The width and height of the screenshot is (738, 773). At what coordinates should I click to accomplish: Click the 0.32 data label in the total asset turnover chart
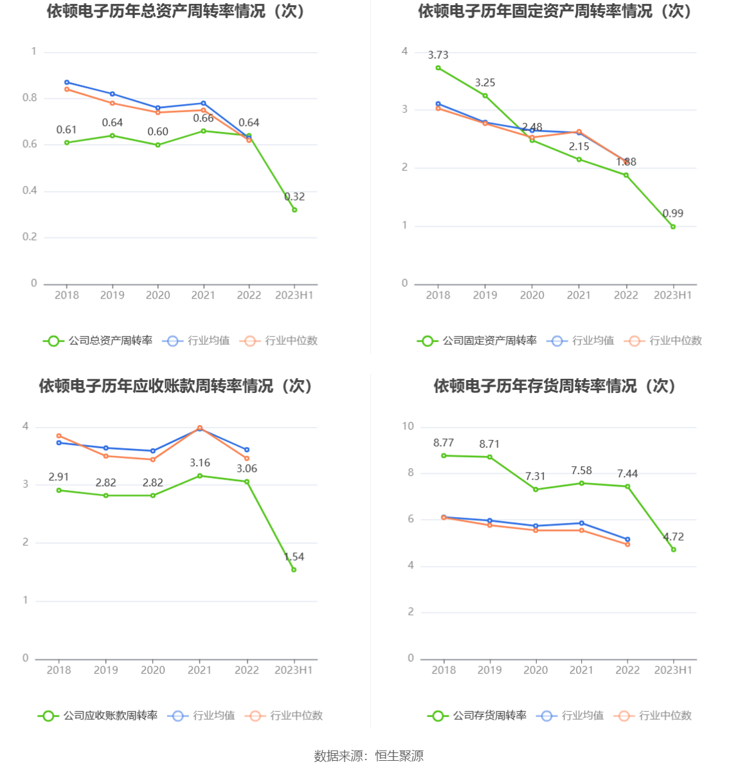[294, 197]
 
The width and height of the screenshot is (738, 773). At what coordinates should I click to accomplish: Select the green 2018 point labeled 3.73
[438, 68]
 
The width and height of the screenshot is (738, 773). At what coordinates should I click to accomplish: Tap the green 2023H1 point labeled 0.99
[673, 226]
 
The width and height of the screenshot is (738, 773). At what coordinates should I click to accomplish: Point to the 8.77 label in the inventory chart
[444, 442]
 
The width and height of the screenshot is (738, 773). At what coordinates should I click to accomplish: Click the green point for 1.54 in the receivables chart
[294, 569]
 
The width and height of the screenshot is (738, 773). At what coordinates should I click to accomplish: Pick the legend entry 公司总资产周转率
[98, 341]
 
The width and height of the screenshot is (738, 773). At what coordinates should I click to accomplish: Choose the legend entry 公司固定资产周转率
[477, 341]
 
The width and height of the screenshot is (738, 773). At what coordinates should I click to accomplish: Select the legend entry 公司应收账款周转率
[98, 716]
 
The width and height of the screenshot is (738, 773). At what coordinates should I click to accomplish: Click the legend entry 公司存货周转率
[477, 716]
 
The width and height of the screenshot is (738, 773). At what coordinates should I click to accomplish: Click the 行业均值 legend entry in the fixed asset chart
[580, 341]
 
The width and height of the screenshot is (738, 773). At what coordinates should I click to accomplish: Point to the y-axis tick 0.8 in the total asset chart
[30, 98]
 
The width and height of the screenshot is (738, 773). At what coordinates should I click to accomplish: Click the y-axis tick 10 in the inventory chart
[408, 426]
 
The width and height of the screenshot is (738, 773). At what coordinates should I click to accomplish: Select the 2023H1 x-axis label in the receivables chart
[294, 670]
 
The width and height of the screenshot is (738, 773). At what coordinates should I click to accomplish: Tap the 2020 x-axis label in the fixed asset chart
[532, 295]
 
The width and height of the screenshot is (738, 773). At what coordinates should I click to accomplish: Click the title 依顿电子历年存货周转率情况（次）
[554, 386]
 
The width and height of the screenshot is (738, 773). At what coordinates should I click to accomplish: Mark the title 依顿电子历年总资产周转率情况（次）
[175, 11]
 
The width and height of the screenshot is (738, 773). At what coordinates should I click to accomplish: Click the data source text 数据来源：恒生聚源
[369, 756]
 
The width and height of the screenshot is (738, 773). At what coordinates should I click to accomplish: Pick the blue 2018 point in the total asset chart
[67, 82]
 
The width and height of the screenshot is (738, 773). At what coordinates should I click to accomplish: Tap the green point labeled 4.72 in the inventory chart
[673, 549]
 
